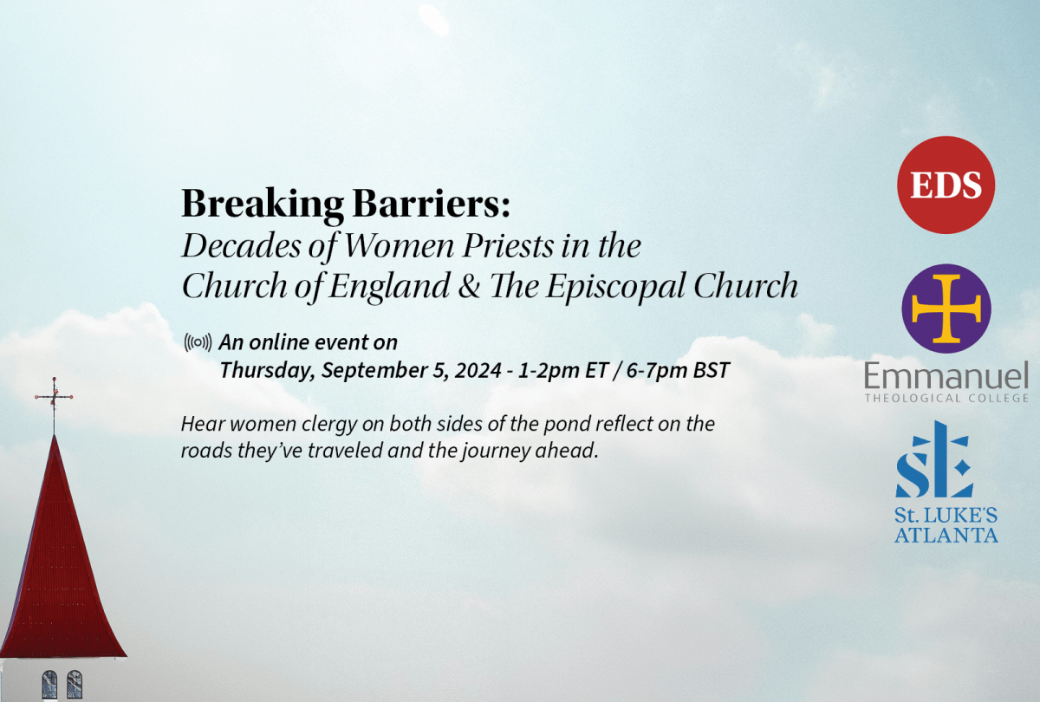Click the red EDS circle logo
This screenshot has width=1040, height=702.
click(x=946, y=185)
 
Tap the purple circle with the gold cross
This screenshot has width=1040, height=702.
click(x=946, y=309)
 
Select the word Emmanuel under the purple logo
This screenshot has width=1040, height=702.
click(x=946, y=375)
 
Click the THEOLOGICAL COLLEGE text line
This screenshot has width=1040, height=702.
click(x=946, y=398)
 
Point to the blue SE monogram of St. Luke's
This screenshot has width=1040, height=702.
click(x=934, y=459)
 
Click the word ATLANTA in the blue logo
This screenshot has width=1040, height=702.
click(x=946, y=535)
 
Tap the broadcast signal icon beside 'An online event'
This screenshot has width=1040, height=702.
click(x=198, y=342)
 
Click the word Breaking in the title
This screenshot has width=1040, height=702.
click(x=263, y=204)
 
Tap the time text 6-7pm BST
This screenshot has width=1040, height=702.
click(x=678, y=370)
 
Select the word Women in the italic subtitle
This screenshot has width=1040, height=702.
click(x=400, y=245)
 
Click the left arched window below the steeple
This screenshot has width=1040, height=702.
click(x=49, y=685)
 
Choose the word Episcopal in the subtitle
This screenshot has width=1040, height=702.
click(x=614, y=287)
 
